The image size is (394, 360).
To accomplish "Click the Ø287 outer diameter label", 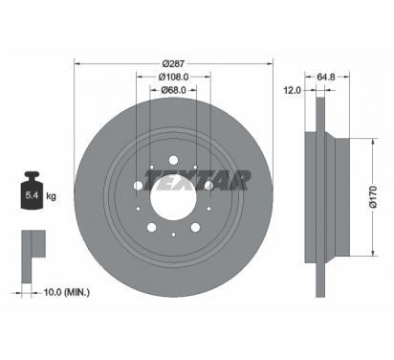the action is click(x=173, y=64).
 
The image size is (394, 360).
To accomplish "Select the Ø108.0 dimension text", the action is click(x=173, y=77).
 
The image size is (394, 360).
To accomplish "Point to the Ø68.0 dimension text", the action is click(x=173, y=90).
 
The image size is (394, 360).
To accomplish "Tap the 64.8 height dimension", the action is click(x=326, y=77).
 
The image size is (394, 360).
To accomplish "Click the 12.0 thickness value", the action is click(x=292, y=90).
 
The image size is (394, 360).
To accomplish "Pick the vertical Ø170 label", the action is click(x=373, y=197).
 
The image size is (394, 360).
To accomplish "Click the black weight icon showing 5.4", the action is click(x=32, y=191).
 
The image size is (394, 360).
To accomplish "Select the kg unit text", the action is click(x=51, y=195).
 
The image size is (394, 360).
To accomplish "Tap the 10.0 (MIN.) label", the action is click(x=66, y=292).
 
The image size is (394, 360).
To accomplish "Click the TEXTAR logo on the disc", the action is click(x=197, y=180).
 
